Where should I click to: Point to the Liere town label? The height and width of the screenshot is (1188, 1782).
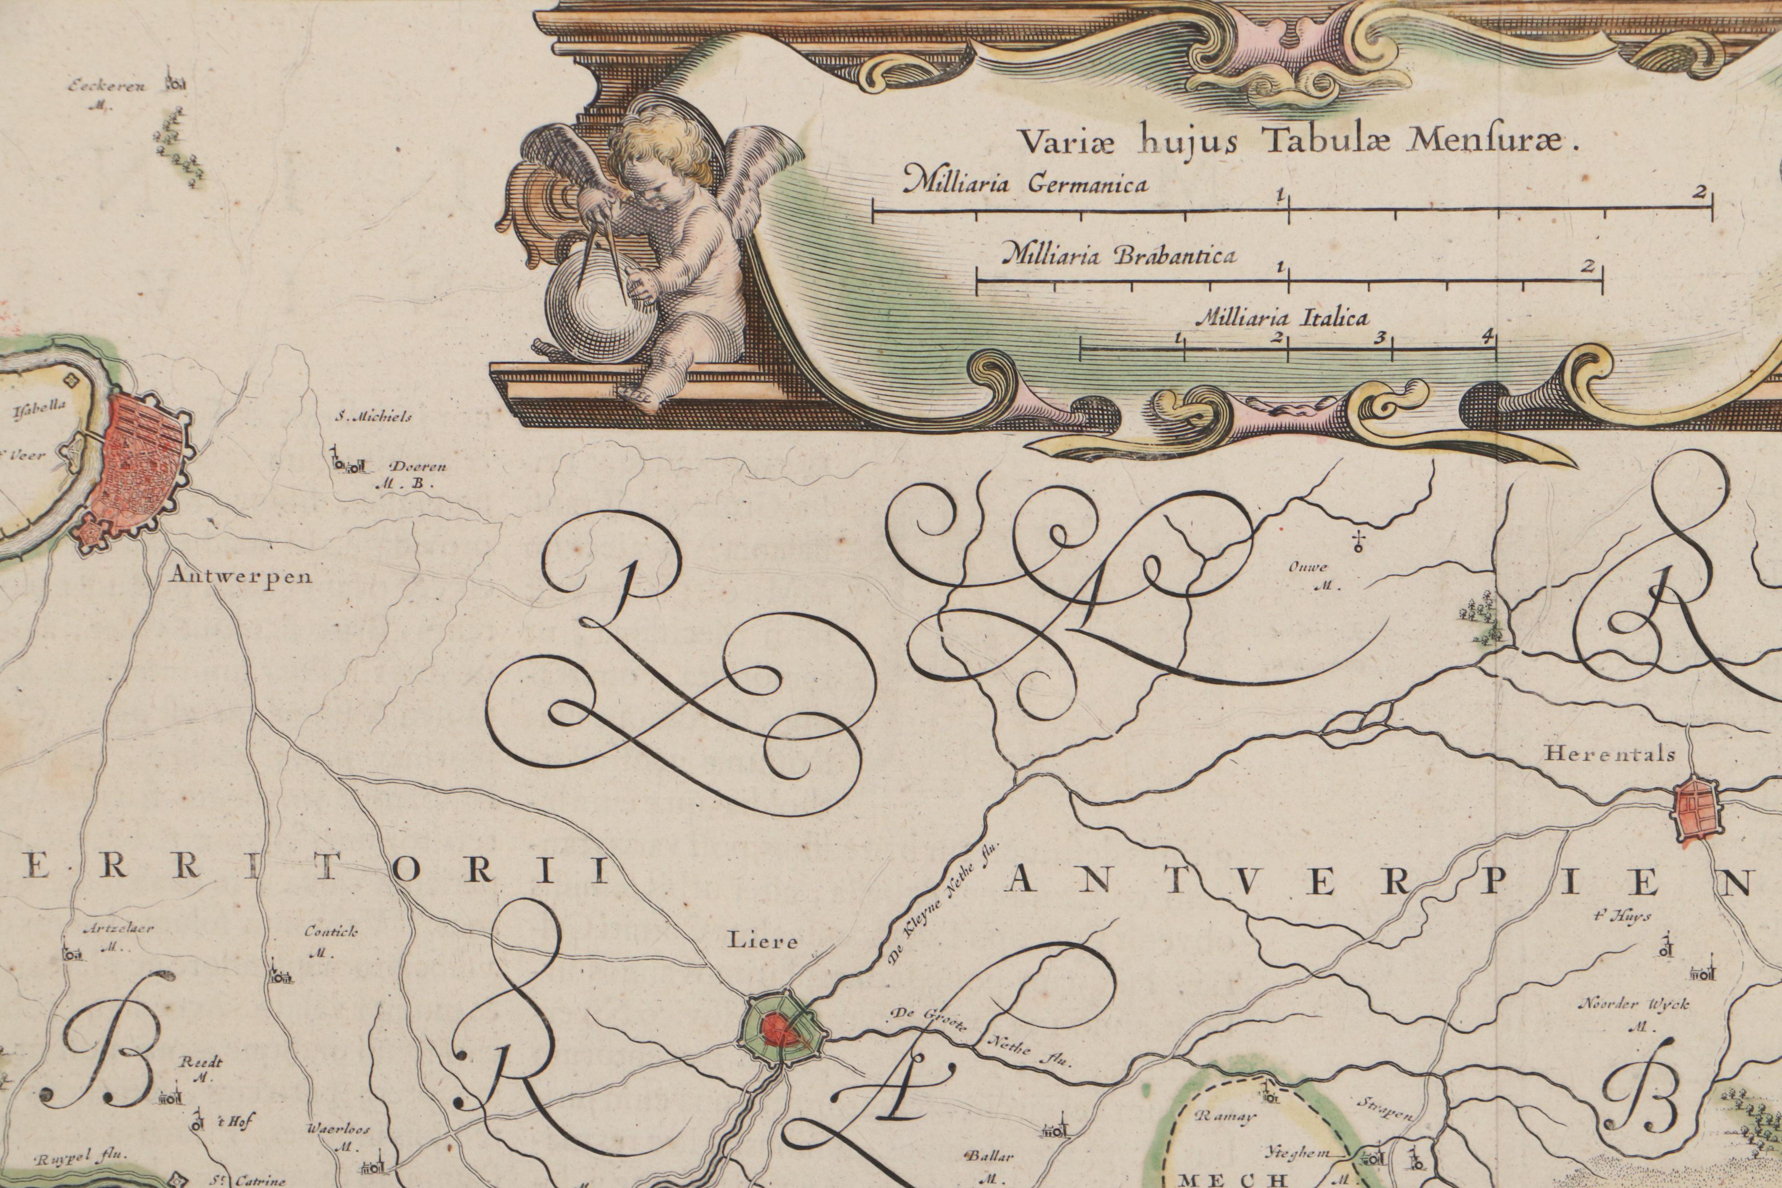pos(763,942)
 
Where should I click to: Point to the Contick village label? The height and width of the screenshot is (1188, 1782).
pos(331,932)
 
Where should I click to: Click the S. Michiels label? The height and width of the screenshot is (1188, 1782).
pos(374,417)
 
